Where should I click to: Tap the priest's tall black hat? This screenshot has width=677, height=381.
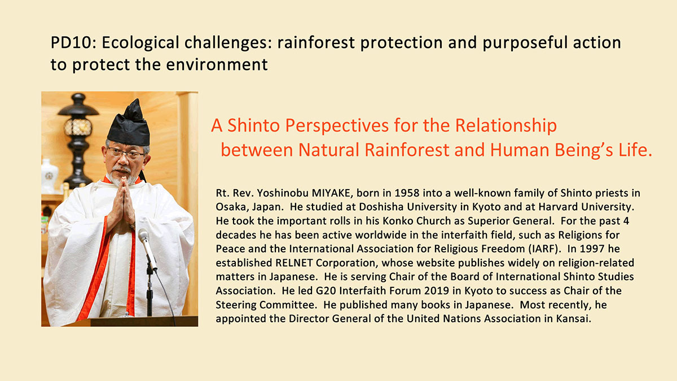click(129, 124)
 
